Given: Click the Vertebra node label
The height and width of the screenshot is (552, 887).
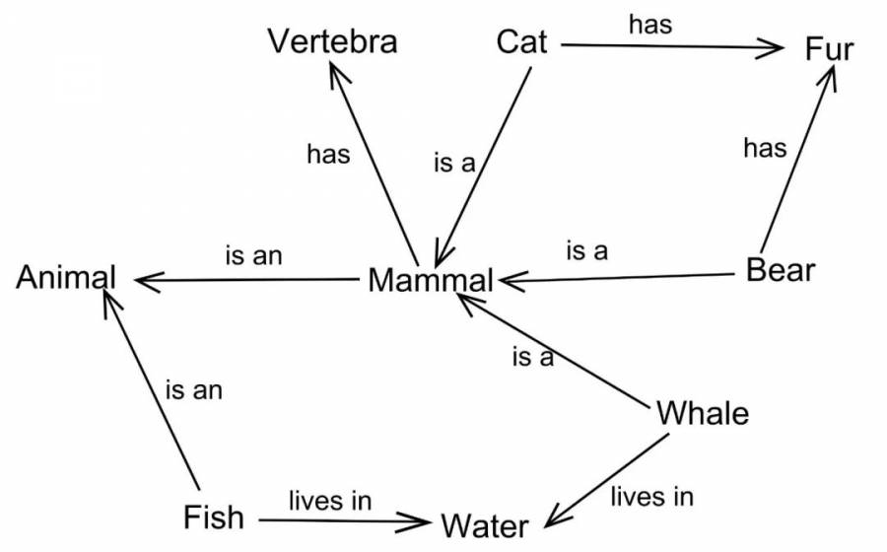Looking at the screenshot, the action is pyautogui.click(x=333, y=41).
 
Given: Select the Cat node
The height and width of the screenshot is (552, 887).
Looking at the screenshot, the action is pyautogui.click(x=521, y=41).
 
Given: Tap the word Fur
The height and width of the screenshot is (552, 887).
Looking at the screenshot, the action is pyautogui.click(x=829, y=48).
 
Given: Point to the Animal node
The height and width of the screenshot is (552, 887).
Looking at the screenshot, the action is pyautogui.click(x=66, y=277).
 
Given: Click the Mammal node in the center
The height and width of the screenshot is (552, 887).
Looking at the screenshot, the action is pyautogui.click(x=431, y=280).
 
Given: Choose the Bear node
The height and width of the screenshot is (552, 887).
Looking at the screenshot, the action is pyautogui.click(x=781, y=270).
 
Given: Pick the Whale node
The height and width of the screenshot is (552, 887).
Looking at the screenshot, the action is pyautogui.click(x=703, y=413).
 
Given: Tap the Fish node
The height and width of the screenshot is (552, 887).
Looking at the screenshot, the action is pyautogui.click(x=214, y=517).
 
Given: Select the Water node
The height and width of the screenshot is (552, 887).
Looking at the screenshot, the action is pyautogui.click(x=485, y=526).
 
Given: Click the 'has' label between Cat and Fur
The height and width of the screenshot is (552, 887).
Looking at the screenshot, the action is pyautogui.click(x=650, y=25).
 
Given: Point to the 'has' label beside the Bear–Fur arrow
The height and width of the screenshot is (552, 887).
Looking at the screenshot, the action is pyautogui.click(x=765, y=148).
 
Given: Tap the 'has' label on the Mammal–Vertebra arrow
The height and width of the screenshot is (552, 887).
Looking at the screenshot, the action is pyautogui.click(x=328, y=154).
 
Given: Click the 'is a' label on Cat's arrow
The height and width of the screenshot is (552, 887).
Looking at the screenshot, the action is pyautogui.click(x=454, y=163).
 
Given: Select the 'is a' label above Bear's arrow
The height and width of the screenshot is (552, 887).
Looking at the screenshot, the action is pyautogui.click(x=587, y=250).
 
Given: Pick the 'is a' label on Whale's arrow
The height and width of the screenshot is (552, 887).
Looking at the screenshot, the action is pyautogui.click(x=533, y=358).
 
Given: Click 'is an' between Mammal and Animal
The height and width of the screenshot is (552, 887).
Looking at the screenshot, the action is pyautogui.click(x=253, y=255).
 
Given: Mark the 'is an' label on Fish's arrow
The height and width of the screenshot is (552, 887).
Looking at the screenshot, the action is pyautogui.click(x=194, y=390).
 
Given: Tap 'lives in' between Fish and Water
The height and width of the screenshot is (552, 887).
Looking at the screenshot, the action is pyautogui.click(x=330, y=501).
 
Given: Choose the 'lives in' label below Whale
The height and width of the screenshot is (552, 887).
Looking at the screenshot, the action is pyautogui.click(x=651, y=497).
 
